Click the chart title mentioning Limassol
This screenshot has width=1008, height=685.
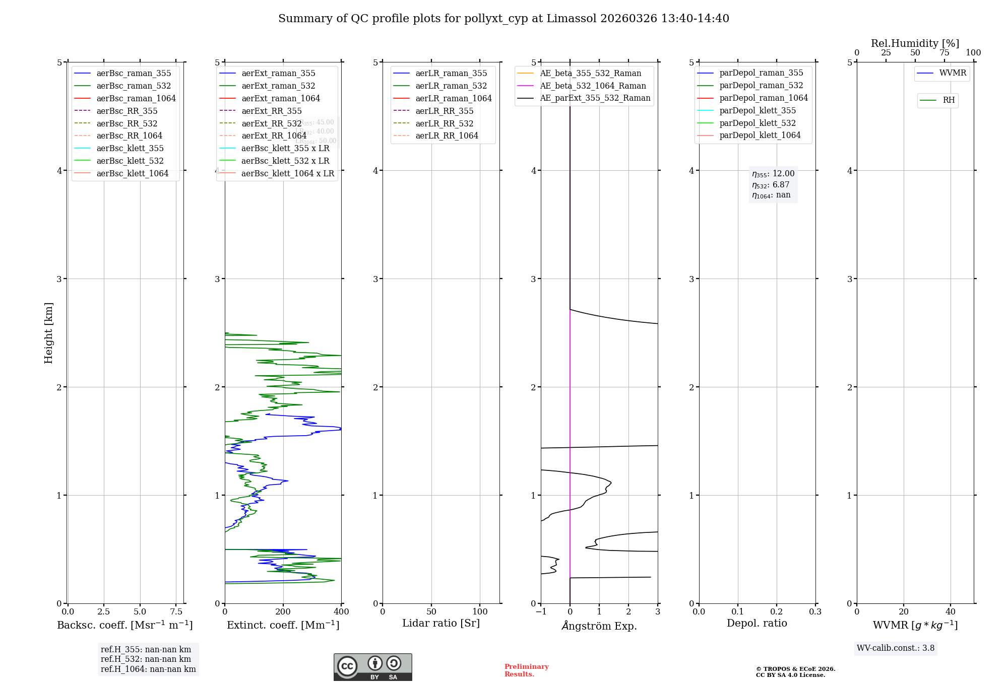pos(503,19)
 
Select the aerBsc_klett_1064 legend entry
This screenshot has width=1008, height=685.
pos(132,173)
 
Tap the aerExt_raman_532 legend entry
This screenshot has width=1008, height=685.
pos(278,86)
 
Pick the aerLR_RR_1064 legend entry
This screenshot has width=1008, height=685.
pos(447,135)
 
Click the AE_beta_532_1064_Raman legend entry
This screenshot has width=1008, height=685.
pos(593,86)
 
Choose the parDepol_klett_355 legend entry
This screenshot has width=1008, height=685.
pos(758,110)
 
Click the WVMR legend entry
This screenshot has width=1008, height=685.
pos(953,73)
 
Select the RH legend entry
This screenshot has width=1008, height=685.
pos(949,100)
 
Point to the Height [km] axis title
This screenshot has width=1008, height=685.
pos(48,332)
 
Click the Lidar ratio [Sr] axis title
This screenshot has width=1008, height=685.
pos(441,623)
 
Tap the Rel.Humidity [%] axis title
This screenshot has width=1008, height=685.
pos(915,43)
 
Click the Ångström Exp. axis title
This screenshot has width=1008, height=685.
pos(599,626)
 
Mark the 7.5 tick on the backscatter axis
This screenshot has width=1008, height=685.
pos(176,611)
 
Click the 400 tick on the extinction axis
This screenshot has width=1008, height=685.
pos(341,611)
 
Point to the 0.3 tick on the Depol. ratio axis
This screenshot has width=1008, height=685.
pos(815,611)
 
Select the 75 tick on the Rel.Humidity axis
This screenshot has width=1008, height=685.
pos(944,53)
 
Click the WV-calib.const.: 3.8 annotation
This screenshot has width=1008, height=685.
pos(896,648)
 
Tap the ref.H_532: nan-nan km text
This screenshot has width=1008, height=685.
pos(146,659)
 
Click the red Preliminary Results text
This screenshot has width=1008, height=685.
pos(526,670)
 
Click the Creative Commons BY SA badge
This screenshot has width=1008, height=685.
pos(372,667)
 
